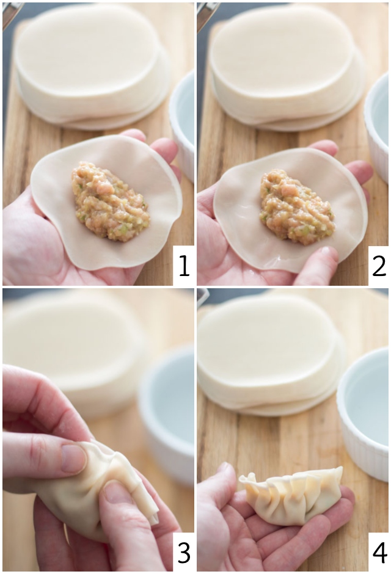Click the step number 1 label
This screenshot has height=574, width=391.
click(183, 266)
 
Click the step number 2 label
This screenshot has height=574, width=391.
click(379, 266)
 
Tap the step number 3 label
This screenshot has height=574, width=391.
click(183, 553)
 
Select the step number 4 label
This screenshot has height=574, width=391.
click(379, 553)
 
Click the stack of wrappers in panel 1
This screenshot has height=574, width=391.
click(92, 64)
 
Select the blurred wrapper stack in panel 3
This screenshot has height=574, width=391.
click(73, 342)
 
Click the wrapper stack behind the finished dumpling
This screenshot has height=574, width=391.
click(269, 354)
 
